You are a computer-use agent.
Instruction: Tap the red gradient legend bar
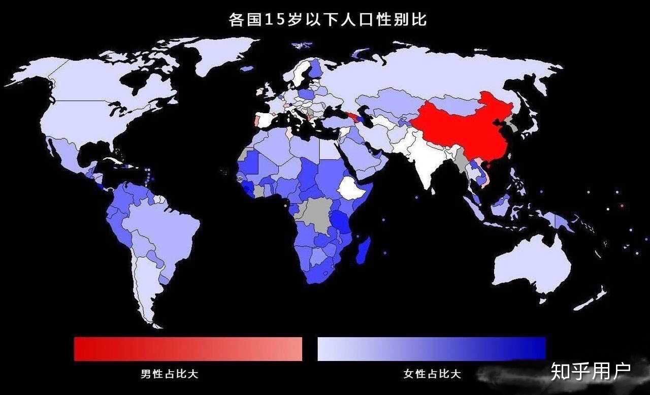[188, 349]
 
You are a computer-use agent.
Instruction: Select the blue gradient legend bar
[431, 349]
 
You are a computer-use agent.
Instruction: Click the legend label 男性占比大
[169, 375]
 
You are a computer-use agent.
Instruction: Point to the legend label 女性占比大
[432, 375]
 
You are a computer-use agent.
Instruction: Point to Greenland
[223, 53]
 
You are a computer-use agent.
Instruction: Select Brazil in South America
[168, 228]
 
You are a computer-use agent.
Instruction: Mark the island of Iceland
[246, 69]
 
